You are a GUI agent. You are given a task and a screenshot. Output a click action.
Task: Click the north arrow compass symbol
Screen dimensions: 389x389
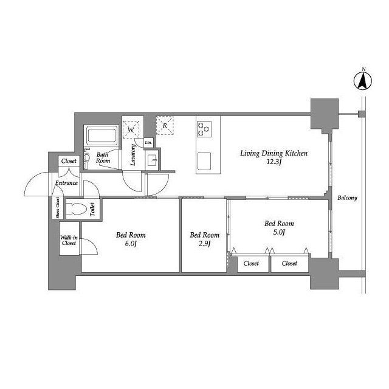point(362,80)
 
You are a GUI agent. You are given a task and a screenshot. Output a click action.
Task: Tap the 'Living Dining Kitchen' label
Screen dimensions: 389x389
point(274,153)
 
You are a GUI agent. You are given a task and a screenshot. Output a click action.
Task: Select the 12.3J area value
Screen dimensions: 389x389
point(274,162)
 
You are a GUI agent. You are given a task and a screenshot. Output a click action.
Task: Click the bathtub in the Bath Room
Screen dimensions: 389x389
point(102,136)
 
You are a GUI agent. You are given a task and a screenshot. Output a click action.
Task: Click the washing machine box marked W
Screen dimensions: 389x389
point(131,129)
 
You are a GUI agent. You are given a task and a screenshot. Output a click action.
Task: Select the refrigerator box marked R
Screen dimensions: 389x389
point(165,126)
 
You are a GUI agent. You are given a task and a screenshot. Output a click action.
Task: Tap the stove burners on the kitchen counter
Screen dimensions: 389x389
point(204,129)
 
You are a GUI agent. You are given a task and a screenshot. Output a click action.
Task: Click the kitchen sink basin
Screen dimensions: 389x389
point(204,160)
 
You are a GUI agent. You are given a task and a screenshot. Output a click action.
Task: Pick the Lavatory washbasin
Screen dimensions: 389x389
point(151,160)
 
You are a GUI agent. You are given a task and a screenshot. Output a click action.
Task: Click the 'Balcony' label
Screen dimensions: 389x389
point(347,198)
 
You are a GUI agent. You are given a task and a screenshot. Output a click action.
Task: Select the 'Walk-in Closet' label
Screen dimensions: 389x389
point(69,241)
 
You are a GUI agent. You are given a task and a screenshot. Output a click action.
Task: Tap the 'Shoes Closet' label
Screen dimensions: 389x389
point(58,208)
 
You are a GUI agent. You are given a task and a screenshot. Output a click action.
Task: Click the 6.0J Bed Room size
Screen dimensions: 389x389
point(131,244)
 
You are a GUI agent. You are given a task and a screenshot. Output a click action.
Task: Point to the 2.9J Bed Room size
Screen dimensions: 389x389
point(204,244)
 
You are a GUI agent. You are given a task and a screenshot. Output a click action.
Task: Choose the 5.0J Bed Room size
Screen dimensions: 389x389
point(279,232)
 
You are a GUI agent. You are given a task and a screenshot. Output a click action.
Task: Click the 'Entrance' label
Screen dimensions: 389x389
point(66,183)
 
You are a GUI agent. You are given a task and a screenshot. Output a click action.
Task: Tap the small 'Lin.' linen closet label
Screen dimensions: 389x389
point(148,143)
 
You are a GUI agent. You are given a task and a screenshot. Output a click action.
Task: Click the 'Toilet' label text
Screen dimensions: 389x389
point(92,209)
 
